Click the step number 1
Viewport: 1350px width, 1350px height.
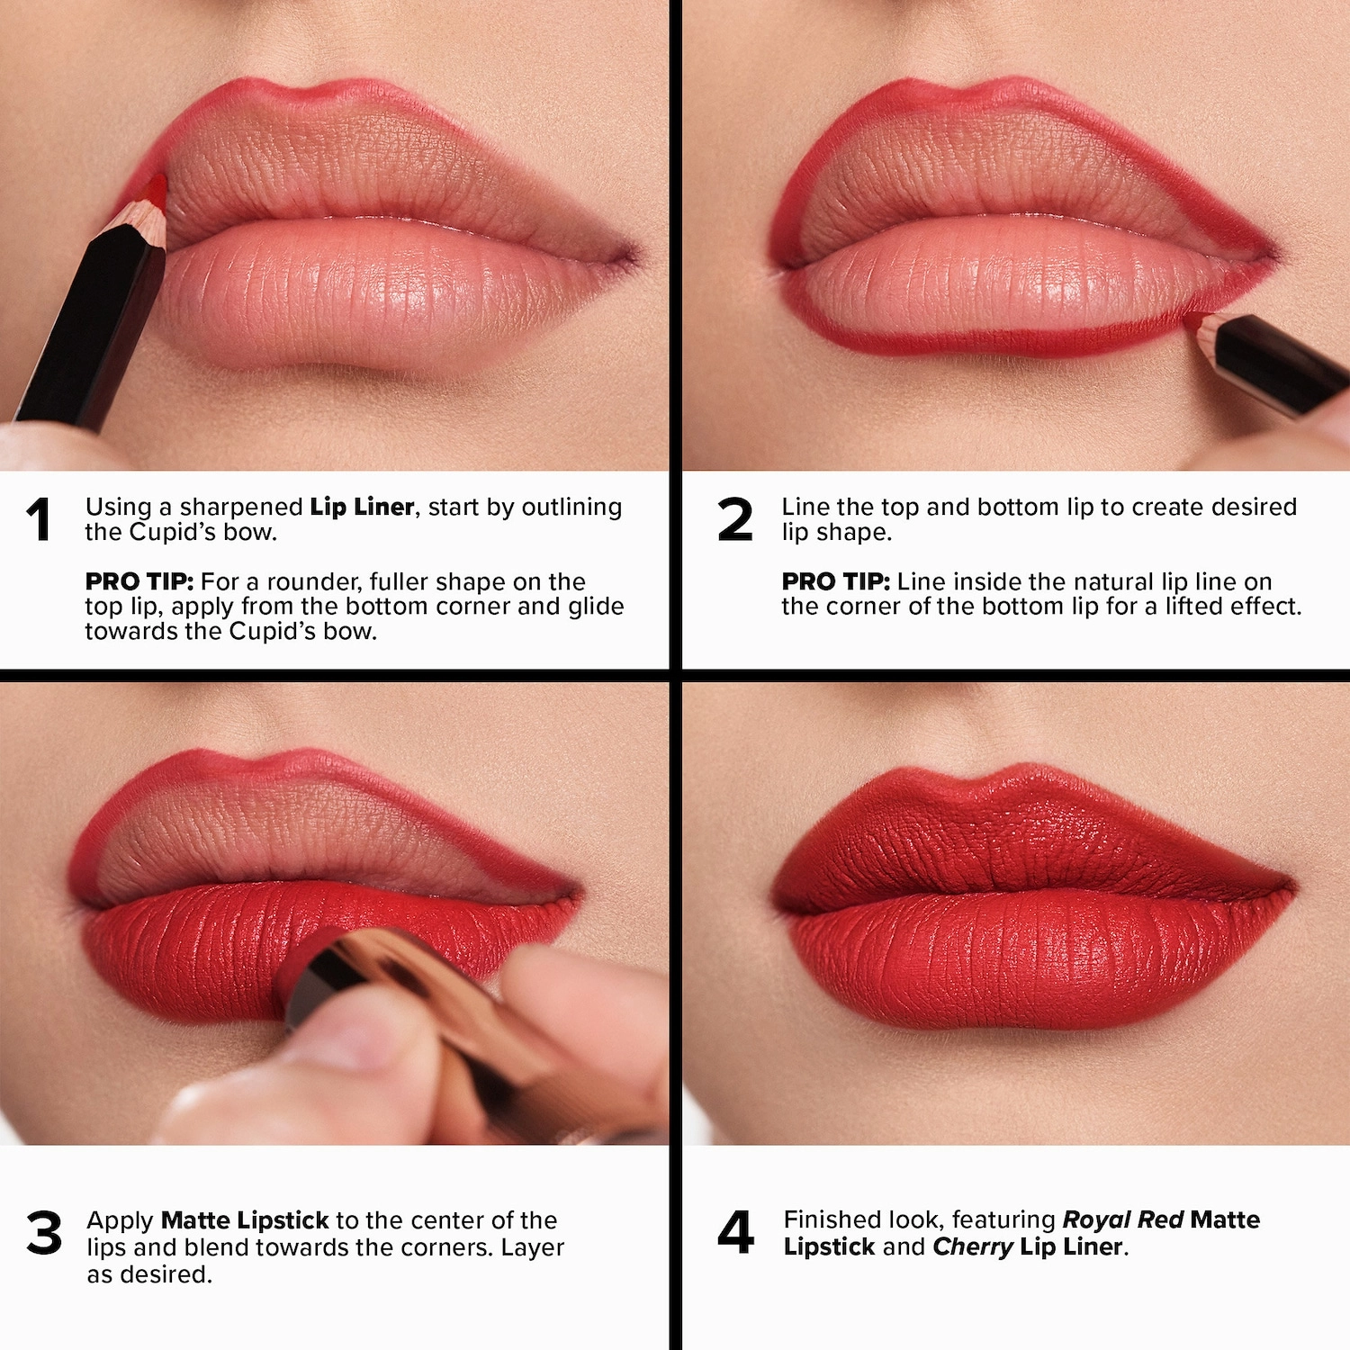[x=39, y=520]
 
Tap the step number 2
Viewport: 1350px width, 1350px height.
[x=734, y=520]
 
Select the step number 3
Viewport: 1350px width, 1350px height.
[x=44, y=1233]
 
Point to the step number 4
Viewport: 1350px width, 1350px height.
[x=735, y=1232]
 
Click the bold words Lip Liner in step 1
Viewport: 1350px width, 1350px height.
[x=362, y=508]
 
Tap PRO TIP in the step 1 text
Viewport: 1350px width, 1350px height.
[x=139, y=581]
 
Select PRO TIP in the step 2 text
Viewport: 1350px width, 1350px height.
[x=835, y=581]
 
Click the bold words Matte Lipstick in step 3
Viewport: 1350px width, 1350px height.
[x=245, y=1220]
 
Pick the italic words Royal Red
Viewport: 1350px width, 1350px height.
[x=1122, y=1219]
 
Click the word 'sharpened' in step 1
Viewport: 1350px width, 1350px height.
[x=241, y=508]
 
